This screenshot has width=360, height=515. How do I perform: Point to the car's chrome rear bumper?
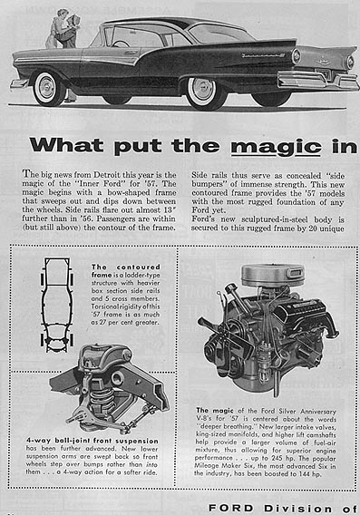[317, 81]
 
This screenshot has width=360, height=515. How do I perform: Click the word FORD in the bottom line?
[229, 508]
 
